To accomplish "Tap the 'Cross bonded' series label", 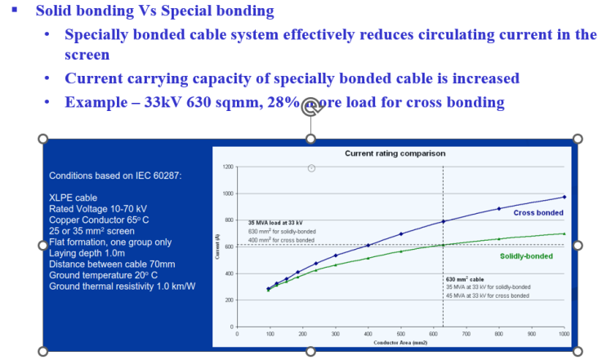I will coord(539,212).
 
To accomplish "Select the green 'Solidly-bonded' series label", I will coord(525,256).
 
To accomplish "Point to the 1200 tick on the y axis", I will coord(229,167).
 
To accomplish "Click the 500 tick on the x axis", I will coord(400,333).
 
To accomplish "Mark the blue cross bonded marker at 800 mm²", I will coord(499,209).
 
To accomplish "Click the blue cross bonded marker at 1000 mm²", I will coord(565,197).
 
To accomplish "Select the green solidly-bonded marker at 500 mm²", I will coord(401,251).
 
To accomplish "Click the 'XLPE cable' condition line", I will coord(74,198).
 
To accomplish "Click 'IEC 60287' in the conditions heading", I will coord(158,176).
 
